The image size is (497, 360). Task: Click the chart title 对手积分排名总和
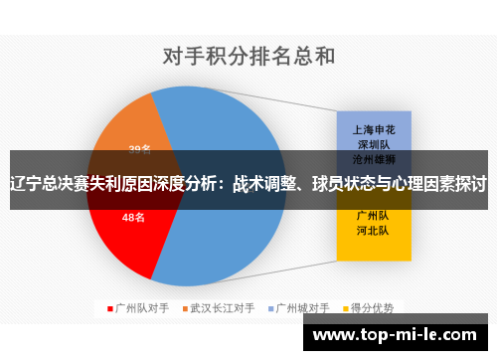pyautogui.click(x=248, y=55)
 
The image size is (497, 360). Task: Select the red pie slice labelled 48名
pyautogui.click(x=124, y=234)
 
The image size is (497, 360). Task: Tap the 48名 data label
pyautogui.click(x=134, y=217)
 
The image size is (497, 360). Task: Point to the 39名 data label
pyautogui.click(x=139, y=149)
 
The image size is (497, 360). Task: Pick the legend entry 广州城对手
pyautogui.click(x=302, y=307)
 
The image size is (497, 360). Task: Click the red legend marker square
pyautogui.click(x=110, y=307)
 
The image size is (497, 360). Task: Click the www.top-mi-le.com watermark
pyautogui.click(x=399, y=335)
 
